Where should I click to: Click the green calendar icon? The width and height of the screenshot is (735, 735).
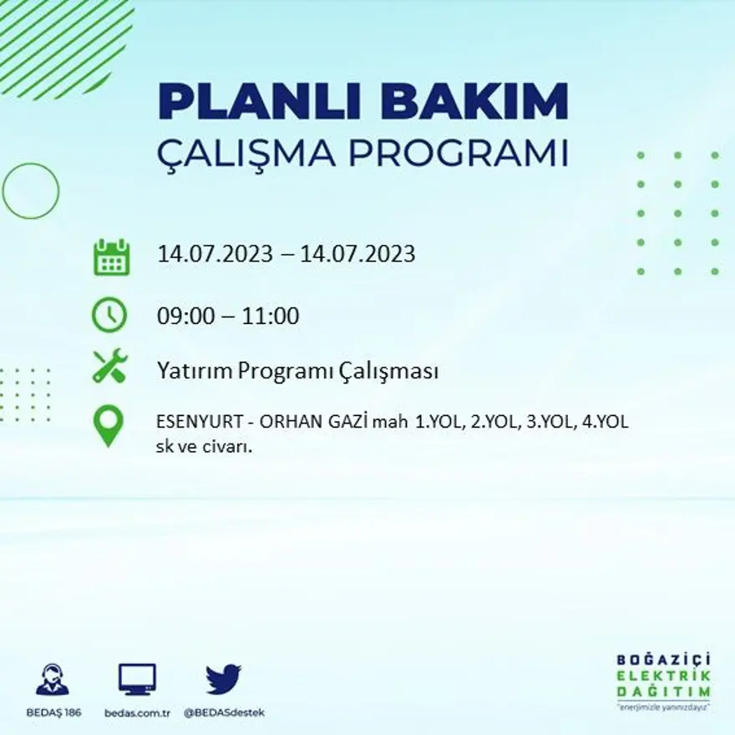110,257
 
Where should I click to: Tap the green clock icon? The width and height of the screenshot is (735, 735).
109,316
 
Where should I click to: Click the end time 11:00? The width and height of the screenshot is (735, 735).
271,317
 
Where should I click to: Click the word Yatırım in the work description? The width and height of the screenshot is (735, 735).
194,372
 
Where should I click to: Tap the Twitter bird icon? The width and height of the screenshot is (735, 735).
223,680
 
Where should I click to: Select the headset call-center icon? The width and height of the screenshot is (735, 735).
53,680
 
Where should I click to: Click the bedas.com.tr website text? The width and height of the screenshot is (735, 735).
138,713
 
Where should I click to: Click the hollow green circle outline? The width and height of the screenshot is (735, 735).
31,191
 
